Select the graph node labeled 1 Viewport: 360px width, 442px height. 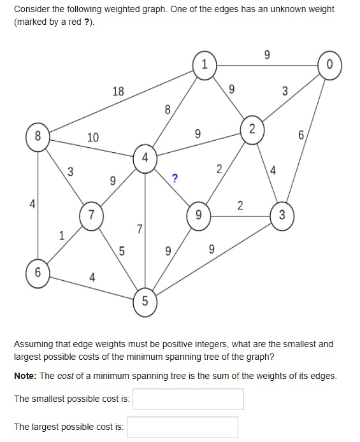pos(205,65)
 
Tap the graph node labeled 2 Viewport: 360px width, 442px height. pos(252,129)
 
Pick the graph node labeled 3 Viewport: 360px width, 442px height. pos(282,214)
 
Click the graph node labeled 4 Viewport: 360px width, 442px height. pos(145,157)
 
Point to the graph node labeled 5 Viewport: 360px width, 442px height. pos(145,301)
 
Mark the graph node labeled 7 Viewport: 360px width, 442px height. pos(92,215)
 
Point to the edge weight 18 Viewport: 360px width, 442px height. pos(118,91)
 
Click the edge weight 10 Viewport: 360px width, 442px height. pos(93,137)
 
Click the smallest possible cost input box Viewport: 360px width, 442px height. pos(188,399)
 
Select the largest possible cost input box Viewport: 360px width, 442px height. pos(182,427)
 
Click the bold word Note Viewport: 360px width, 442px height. pos(25,376)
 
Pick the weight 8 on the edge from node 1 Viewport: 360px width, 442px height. pos(168,109)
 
